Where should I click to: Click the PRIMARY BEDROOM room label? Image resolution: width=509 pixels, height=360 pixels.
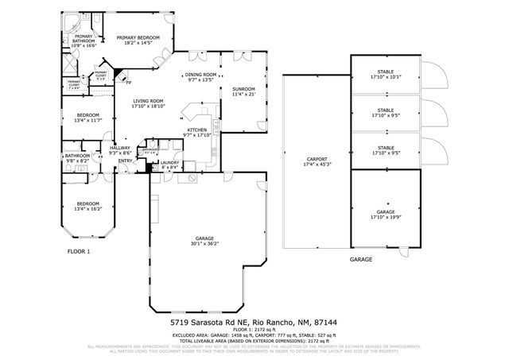[138, 37]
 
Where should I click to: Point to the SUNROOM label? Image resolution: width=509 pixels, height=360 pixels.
[243, 88]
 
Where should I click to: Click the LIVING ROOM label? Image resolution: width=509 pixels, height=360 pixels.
[148, 101]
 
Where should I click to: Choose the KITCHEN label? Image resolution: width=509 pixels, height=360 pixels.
[197, 130]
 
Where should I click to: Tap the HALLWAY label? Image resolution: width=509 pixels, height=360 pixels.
[120, 147]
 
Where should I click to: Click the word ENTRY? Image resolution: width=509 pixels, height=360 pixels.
[126, 161]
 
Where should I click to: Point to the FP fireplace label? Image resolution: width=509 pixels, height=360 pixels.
[127, 82]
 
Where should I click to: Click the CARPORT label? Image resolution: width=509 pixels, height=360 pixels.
[317, 160]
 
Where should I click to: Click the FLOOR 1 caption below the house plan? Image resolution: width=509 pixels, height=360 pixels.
[79, 251]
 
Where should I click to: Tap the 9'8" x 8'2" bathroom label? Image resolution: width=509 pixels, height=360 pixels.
[78, 161]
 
